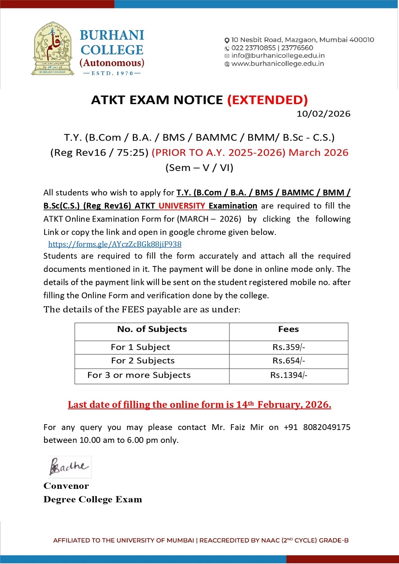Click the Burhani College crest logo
(53, 48)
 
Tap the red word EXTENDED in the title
(268, 100)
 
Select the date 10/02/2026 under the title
(323, 114)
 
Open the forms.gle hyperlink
(115, 244)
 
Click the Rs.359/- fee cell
(288, 347)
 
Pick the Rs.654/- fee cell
(288, 361)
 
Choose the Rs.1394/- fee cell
(288, 375)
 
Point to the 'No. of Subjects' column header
(152, 329)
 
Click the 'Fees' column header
(288, 329)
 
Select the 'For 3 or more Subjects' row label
(139, 375)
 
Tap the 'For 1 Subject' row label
(140, 347)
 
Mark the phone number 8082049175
(327, 427)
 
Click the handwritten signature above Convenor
(69, 466)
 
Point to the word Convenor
(66, 486)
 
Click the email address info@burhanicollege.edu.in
(278, 56)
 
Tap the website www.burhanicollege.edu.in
(277, 64)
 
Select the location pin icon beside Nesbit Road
(227, 40)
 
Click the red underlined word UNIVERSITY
(182, 206)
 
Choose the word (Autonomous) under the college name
(112, 63)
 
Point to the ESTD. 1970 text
(112, 73)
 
